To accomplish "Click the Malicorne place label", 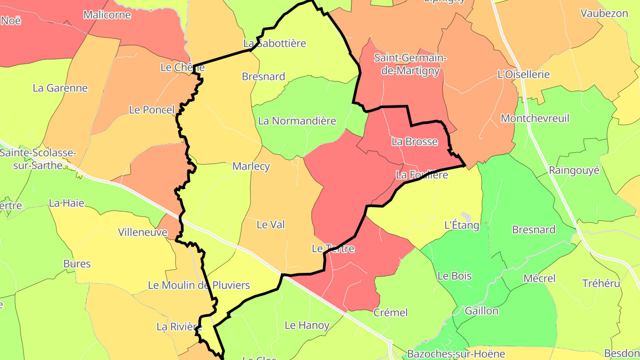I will point(107,15).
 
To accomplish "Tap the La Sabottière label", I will point(275,44).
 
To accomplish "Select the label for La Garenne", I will point(60,88).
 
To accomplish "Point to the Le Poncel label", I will point(152,110).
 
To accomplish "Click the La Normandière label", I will point(297,121).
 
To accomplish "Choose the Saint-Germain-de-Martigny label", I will point(410,64).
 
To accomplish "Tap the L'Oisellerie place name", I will point(524,74).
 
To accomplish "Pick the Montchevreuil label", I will point(535,119).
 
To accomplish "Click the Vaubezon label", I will point(604,13).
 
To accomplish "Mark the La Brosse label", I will point(414,142).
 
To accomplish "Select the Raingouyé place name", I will point(574,170).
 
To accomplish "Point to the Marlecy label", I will point(251,166).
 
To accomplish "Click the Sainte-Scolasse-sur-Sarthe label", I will point(38,159).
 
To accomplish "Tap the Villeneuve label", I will point(142,232).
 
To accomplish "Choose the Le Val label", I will point(271,225).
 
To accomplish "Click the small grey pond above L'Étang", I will point(465,216).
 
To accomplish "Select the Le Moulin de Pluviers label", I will point(199,285).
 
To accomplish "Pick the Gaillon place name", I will point(481,311).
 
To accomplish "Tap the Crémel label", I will point(390,312).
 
